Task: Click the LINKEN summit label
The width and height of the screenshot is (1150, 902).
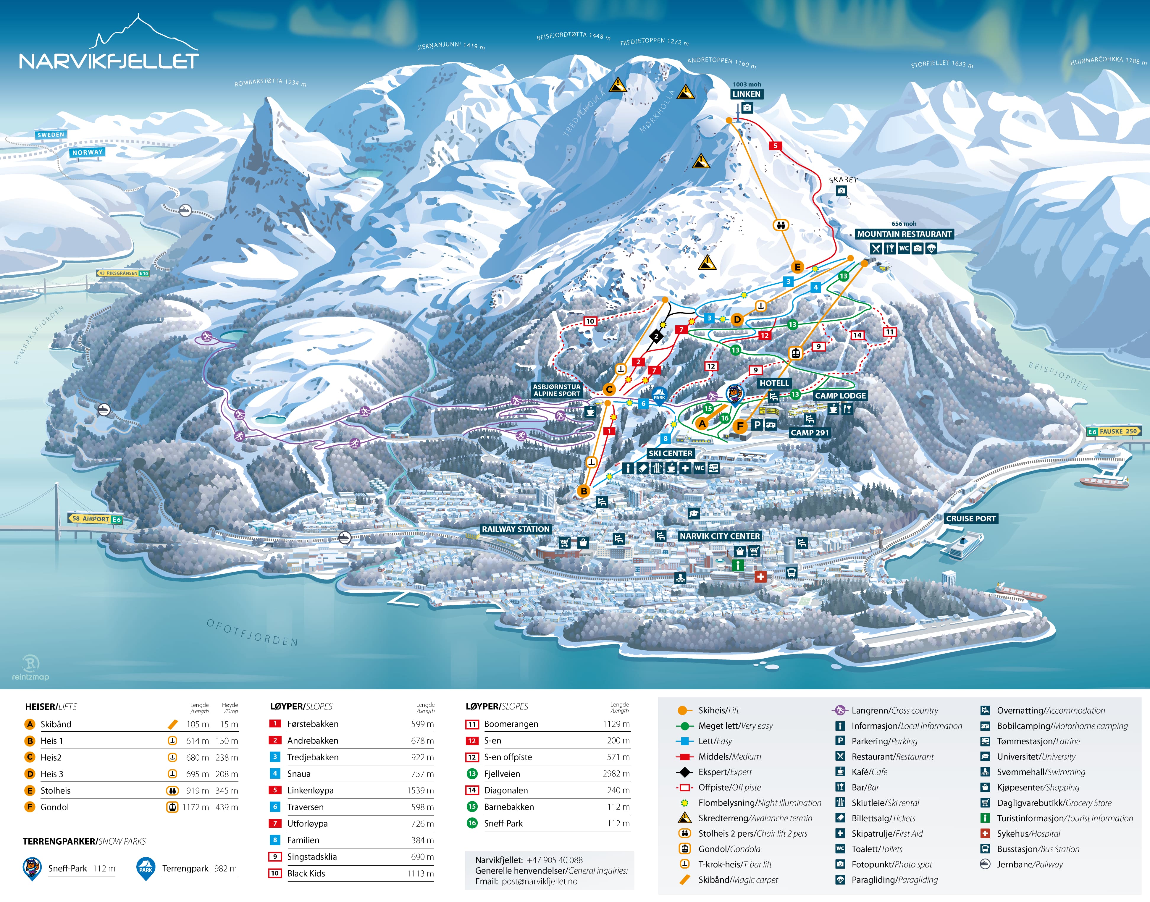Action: click(x=747, y=94)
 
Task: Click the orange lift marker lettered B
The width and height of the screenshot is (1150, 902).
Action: click(x=584, y=491)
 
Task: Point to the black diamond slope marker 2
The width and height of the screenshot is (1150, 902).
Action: click(x=656, y=336)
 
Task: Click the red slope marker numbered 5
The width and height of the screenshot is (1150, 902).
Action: click(x=776, y=146)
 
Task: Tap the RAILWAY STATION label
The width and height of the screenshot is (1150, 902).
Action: click(x=516, y=529)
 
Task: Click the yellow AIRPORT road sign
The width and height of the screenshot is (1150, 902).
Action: click(x=95, y=519)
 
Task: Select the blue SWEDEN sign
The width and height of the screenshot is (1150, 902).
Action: click(x=51, y=135)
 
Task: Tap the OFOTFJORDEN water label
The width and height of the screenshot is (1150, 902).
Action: click(x=253, y=633)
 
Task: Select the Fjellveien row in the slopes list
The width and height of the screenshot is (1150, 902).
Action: click(x=502, y=774)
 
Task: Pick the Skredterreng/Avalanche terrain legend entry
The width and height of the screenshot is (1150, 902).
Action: click(x=754, y=818)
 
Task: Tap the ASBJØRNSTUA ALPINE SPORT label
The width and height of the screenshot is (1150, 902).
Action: click(x=556, y=390)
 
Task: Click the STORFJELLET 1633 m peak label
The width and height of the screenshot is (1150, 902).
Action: click(x=941, y=64)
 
